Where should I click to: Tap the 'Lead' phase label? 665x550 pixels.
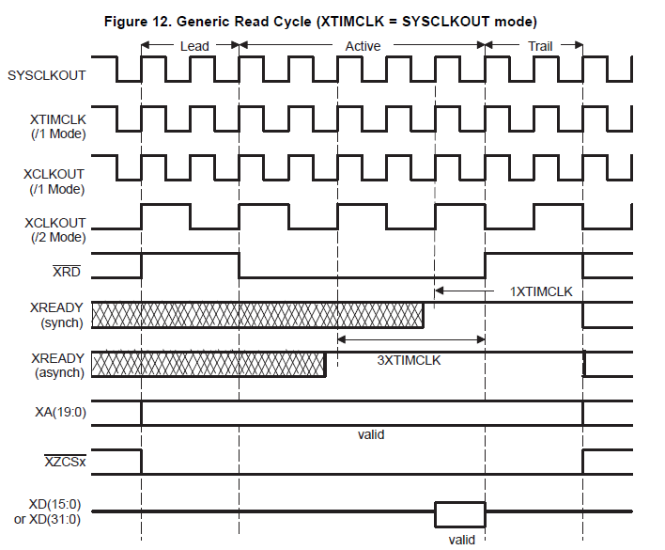pyautogui.click(x=193, y=45)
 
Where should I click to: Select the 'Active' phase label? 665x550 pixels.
pyautogui.click(x=363, y=45)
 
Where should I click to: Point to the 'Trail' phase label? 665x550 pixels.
pyautogui.click(x=539, y=45)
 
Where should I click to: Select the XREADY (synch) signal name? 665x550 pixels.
pyautogui.click(x=58, y=315)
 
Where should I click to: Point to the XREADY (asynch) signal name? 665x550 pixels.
pyautogui.click(x=58, y=365)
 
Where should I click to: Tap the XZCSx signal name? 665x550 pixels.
pyautogui.click(x=66, y=463)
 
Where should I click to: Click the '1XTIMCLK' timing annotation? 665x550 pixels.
pyautogui.click(x=541, y=292)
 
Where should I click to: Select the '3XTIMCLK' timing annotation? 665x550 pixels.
pyautogui.click(x=409, y=359)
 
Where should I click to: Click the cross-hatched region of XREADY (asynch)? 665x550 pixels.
pyautogui.click(x=209, y=363)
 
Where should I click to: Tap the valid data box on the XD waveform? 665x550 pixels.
pyautogui.click(x=459, y=514)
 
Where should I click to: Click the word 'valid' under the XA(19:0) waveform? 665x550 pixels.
pyautogui.click(x=371, y=435)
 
